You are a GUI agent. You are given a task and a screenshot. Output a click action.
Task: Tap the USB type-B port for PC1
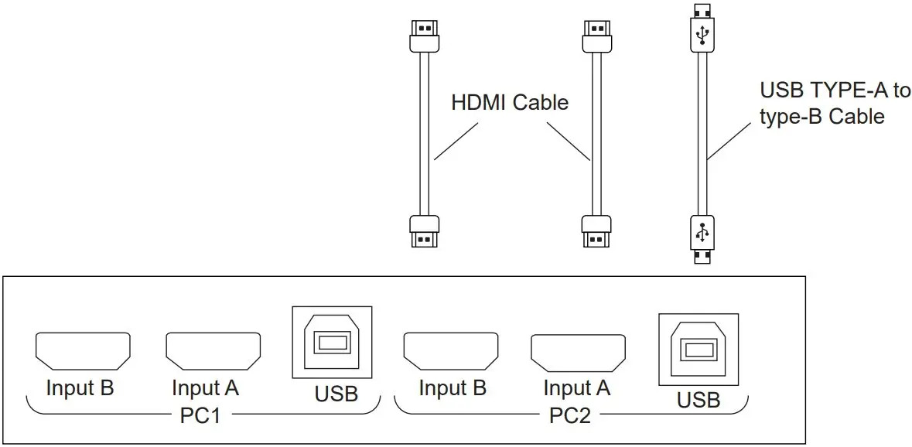(x=331, y=343)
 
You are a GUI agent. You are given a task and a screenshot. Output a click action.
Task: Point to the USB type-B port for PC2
(x=698, y=350)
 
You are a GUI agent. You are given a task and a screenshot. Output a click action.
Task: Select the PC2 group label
(x=570, y=415)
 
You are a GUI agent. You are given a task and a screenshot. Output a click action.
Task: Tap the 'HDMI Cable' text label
(x=510, y=102)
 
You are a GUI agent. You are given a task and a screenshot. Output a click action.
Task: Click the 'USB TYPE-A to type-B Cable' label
(x=835, y=104)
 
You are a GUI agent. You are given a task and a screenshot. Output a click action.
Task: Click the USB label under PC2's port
(x=699, y=400)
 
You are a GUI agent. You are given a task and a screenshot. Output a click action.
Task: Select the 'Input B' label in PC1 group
(x=80, y=387)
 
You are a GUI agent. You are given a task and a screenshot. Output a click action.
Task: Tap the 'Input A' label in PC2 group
(x=576, y=387)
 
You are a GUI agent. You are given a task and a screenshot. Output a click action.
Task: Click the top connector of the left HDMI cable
(x=423, y=34)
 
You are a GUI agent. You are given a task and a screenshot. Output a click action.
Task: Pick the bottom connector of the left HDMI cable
(x=423, y=230)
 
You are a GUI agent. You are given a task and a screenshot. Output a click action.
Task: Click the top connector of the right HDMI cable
(x=596, y=34)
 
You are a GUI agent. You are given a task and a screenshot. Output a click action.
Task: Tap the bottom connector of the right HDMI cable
(x=596, y=230)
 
